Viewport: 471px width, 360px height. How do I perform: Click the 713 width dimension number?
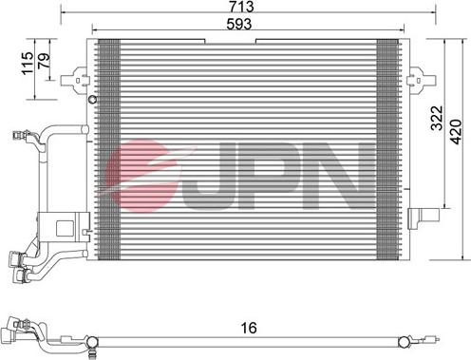tap(241, 7)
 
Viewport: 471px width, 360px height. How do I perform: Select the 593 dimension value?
tap(239, 24)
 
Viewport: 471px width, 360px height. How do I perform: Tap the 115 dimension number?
tap(28, 64)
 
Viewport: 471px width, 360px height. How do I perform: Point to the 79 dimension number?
tap(44, 60)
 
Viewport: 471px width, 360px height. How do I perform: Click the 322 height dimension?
tap(437, 118)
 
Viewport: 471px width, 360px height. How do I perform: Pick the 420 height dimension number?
tap(456, 132)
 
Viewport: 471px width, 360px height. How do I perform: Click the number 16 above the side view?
tap(249, 328)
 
